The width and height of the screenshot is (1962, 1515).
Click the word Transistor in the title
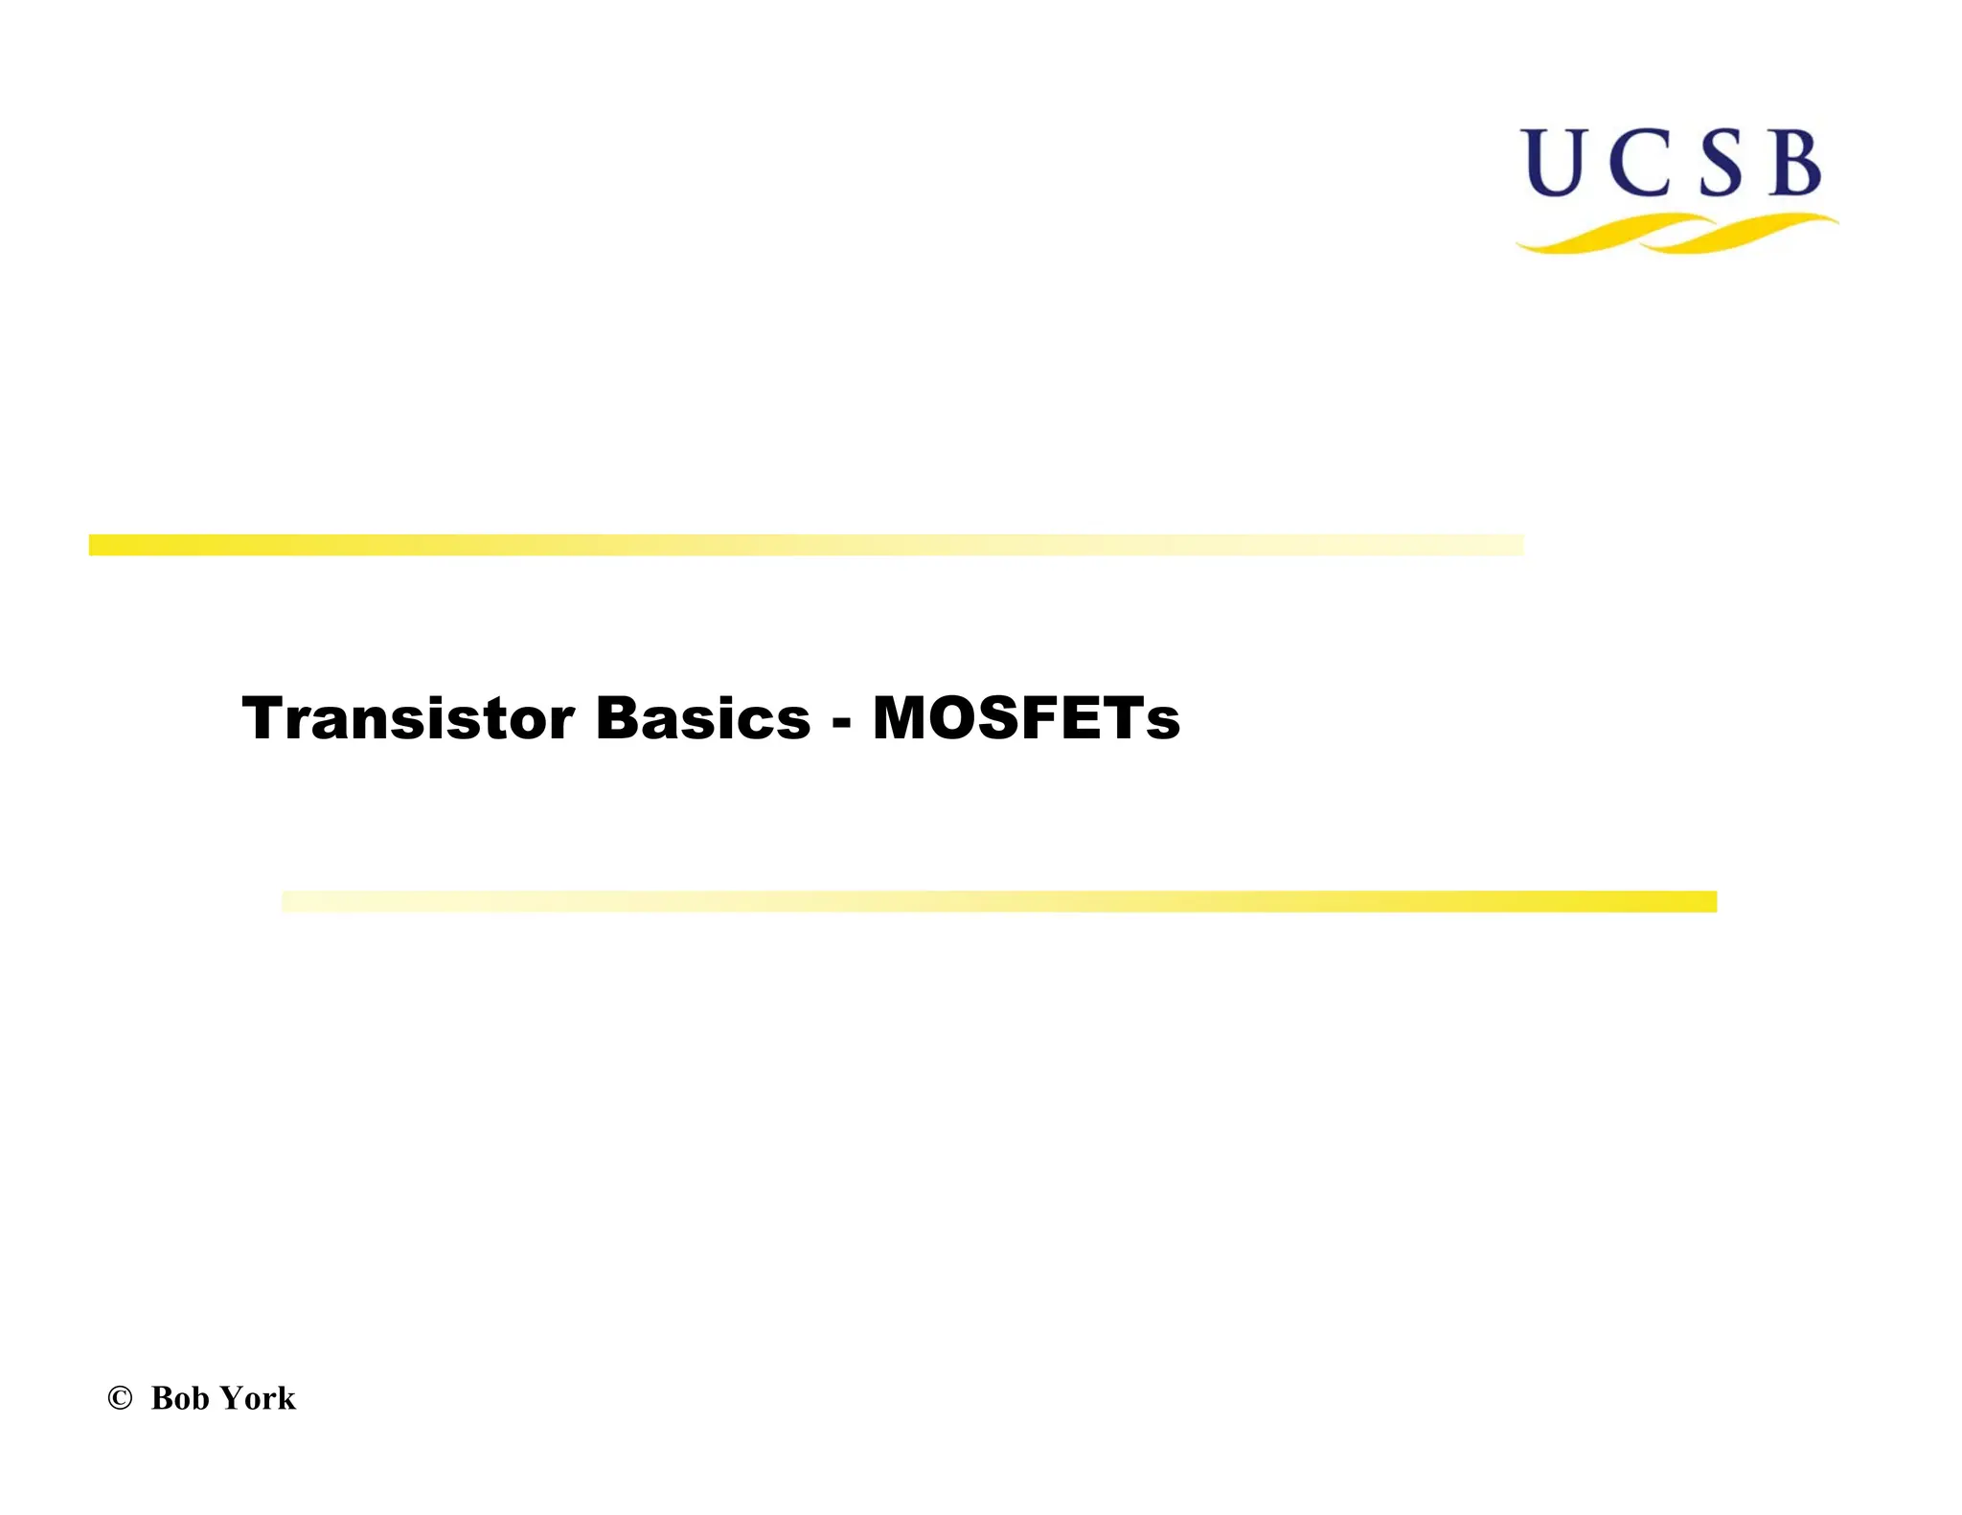click(x=407, y=718)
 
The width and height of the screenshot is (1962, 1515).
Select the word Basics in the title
click(x=702, y=718)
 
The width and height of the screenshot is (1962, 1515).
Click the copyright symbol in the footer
click(x=120, y=1398)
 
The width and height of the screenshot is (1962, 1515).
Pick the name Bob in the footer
click(x=180, y=1398)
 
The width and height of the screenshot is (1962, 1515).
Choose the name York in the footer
click(x=258, y=1398)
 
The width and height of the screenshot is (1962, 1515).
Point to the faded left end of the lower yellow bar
click(x=297, y=901)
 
